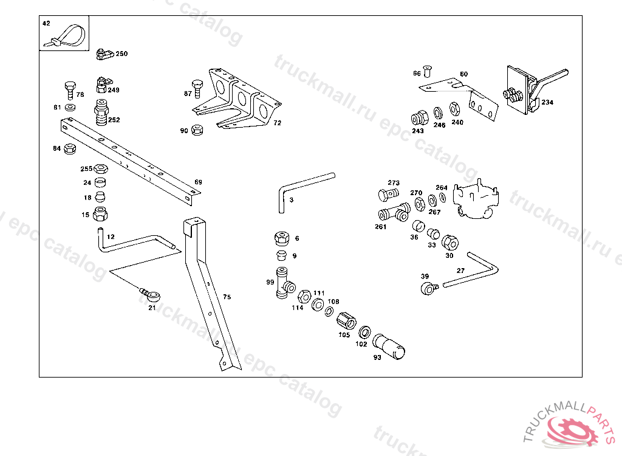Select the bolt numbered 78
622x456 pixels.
point(70,90)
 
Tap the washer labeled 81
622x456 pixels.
point(70,107)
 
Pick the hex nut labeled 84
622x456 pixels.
point(70,148)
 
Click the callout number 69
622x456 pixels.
point(199,182)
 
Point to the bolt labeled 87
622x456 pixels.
point(197,89)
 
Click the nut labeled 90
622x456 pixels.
point(197,130)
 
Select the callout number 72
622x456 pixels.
point(277,123)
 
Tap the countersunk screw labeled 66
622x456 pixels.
point(427,72)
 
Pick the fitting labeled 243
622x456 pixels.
point(419,119)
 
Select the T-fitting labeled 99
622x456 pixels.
point(284,283)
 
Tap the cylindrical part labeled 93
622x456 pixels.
point(389,347)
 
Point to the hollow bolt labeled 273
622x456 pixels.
point(388,195)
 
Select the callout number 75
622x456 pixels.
point(227,297)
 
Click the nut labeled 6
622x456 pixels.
point(282,238)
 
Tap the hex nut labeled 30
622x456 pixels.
point(450,243)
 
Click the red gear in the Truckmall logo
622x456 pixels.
point(574,431)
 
